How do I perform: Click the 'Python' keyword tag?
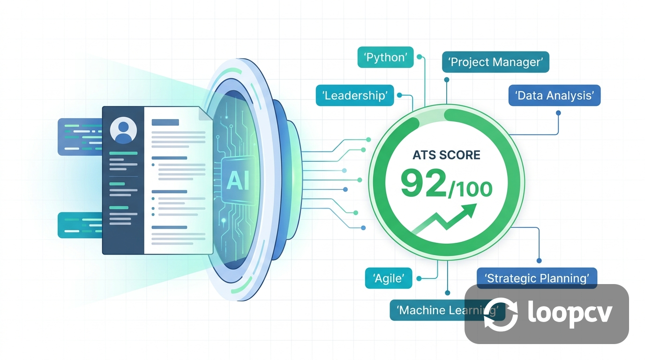(385, 57)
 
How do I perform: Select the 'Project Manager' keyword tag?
(495, 62)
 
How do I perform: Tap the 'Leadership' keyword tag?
(355, 95)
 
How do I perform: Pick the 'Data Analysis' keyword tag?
(555, 95)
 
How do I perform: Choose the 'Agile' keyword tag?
(389, 278)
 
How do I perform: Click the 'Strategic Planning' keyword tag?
(537, 278)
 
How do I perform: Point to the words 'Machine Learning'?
(448, 310)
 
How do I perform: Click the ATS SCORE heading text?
(446, 155)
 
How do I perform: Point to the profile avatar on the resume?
(123, 130)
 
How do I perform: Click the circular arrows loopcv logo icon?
(501, 314)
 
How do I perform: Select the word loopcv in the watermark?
(570, 313)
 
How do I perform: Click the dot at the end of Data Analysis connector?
(558, 113)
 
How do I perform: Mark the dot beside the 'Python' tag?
(420, 57)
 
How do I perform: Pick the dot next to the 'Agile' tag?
(419, 278)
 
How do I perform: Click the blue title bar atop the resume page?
(165, 122)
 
